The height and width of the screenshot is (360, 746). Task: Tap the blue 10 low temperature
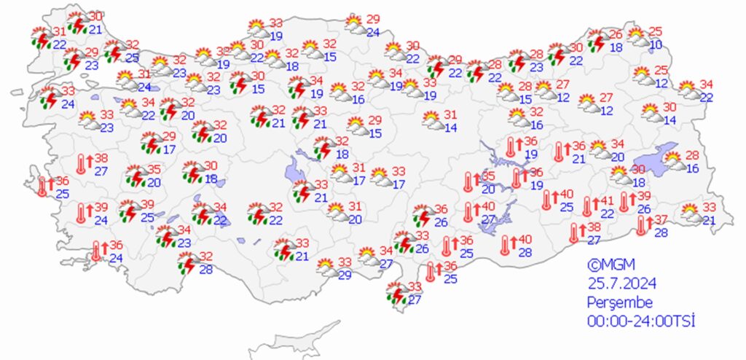(x=656, y=44)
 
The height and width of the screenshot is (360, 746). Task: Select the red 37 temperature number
(x=661, y=220)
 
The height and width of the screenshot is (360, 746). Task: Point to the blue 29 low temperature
(x=345, y=274)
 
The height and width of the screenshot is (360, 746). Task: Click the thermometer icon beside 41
(x=587, y=206)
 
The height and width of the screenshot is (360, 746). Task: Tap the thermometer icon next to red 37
(x=640, y=225)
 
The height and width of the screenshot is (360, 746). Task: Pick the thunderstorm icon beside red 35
(x=135, y=176)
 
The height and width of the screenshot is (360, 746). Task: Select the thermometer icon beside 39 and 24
(x=81, y=213)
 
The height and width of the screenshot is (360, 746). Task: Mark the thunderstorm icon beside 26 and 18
(x=598, y=40)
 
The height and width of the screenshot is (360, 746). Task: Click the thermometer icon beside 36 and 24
(x=95, y=251)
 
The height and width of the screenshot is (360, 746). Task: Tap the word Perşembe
(x=621, y=302)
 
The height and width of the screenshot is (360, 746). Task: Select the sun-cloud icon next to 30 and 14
(x=651, y=112)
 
